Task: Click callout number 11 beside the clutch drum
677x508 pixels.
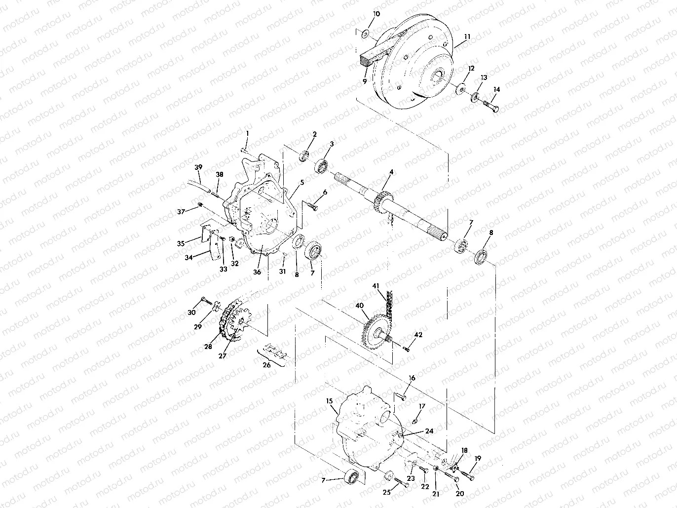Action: (x=467, y=37)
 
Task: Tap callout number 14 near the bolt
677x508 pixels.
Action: (x=496, y=89)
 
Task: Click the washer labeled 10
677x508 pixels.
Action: (x=366, y=34)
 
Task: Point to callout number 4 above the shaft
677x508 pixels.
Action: (x=391, y=172)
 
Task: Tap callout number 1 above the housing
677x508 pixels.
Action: (x=247, y=133)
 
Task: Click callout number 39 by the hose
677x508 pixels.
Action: (x=198, y=167)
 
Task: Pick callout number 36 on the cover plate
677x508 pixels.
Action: (x=257, y=272)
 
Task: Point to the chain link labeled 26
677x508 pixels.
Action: (x=276, y=351)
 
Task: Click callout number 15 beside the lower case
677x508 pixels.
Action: (x=329, y=401)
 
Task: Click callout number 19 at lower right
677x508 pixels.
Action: (x=477, y=458)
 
